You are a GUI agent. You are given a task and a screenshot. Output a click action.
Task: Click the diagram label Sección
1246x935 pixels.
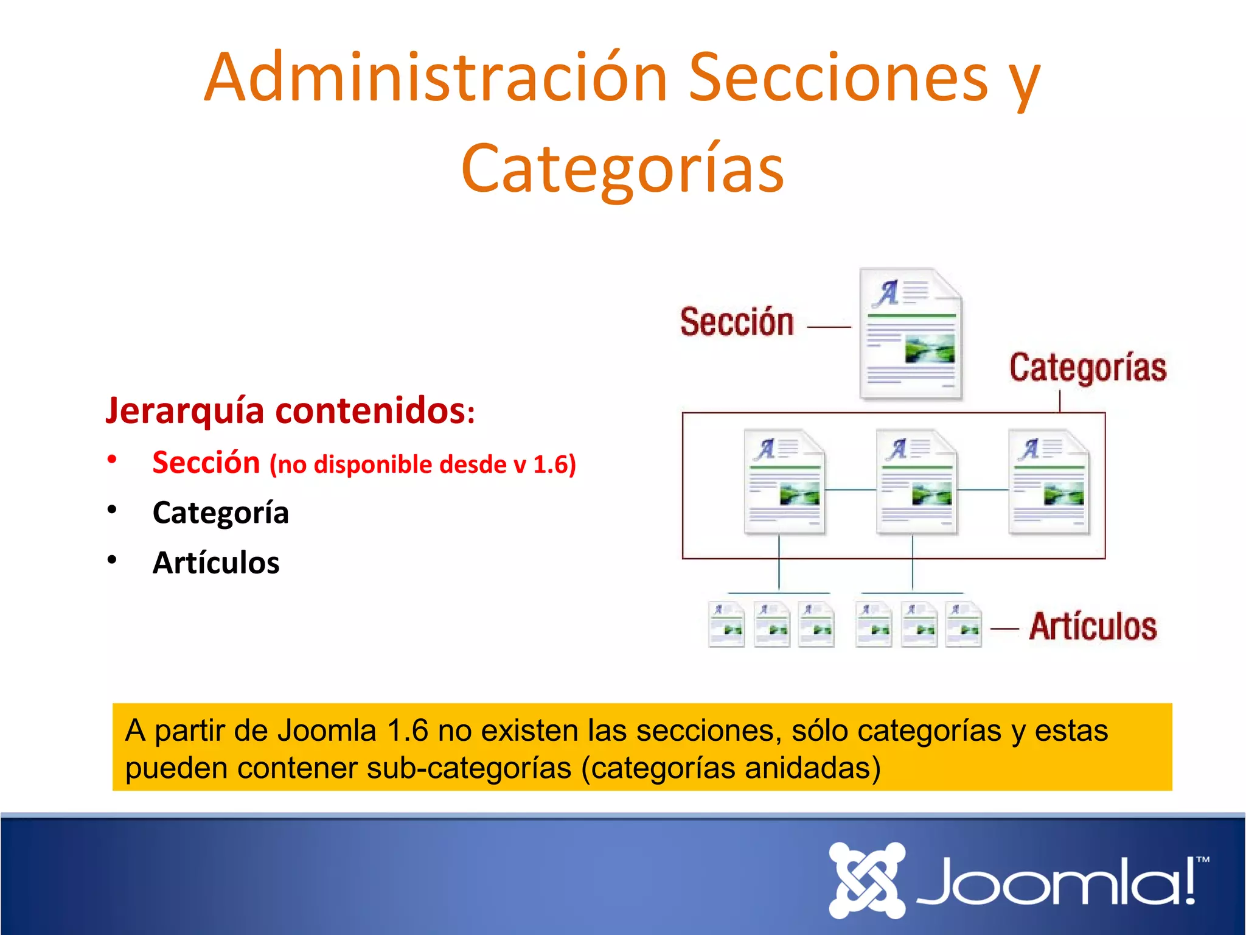[737, 322]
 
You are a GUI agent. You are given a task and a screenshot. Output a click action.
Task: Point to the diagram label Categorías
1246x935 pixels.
[1088, 368]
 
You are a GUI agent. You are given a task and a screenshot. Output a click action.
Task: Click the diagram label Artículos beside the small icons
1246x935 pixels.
[1093, 627]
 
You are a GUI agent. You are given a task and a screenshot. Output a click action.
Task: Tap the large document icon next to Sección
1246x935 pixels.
[911, 334]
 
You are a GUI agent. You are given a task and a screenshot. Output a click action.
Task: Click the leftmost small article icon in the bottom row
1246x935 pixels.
[726, 624]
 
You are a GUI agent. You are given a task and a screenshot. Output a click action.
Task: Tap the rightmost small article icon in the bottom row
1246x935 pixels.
[964, 624]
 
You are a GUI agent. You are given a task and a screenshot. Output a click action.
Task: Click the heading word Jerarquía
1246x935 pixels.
[185, 411]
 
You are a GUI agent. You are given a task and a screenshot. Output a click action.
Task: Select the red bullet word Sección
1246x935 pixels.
[206, 462]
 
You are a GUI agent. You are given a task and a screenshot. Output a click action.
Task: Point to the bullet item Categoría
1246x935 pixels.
[220, 513]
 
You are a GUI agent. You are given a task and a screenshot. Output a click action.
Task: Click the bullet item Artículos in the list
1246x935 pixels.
[216, 562]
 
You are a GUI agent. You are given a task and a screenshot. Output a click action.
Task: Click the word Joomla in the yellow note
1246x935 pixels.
[327, 730]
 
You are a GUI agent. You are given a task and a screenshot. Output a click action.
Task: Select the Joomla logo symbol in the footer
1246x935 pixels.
[867, 880]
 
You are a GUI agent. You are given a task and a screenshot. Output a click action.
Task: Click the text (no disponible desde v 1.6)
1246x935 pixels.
[422, 464]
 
